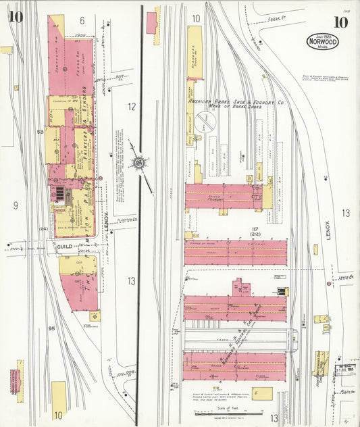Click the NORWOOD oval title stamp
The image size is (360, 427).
click(x=322, y=41)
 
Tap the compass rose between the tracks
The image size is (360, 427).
click(x=139, y=162)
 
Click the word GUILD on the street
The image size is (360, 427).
click(x=64, y=247)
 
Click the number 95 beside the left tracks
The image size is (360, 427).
click(x=51, y=329)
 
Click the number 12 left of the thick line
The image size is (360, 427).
click(x=131, y=106)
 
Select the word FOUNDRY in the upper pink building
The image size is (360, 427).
click(x=216, y=200)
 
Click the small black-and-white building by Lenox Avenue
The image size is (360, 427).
click(x=281, y=292)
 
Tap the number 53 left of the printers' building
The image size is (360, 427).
click(x=41, y=132)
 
